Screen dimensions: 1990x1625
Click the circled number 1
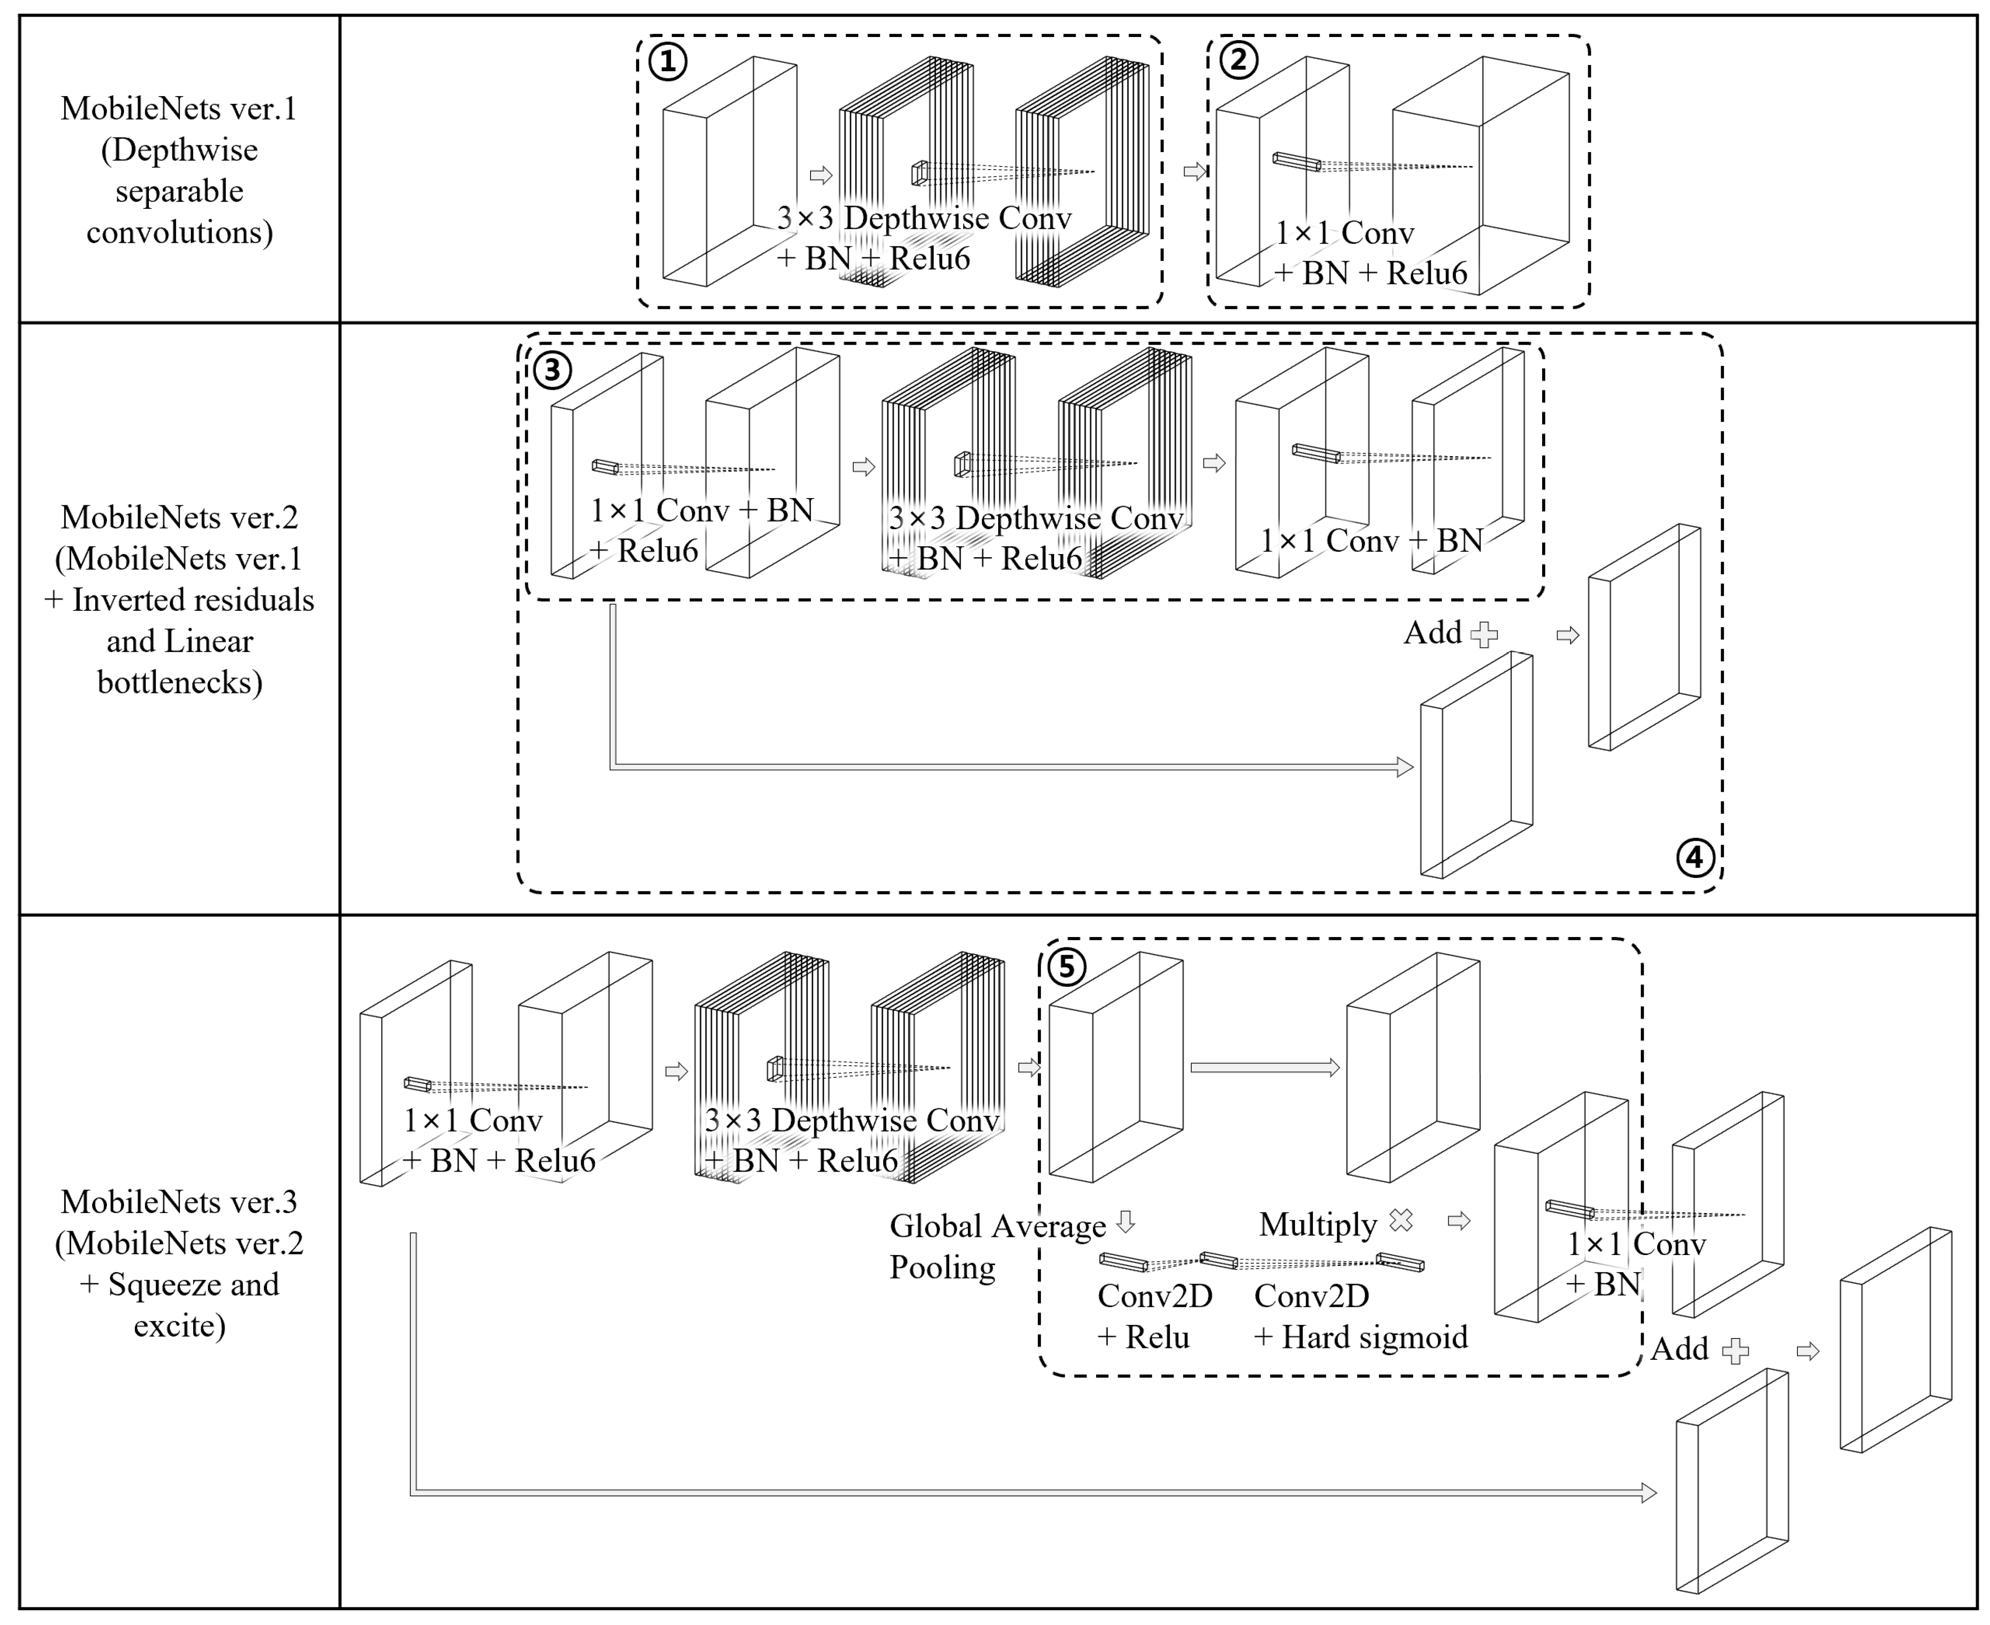[x=668, y=62]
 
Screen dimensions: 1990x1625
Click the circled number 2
[x=1239, y=60]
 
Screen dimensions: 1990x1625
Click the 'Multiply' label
[x=1318, y=1224]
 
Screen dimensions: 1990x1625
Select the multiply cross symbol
[x=1401, y=1220]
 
